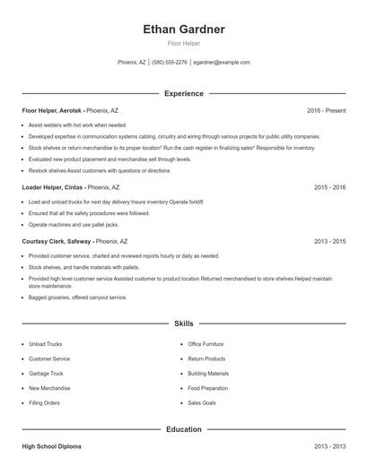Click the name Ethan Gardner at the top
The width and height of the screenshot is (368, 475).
(183, 29)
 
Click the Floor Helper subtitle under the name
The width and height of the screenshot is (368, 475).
(183, 43)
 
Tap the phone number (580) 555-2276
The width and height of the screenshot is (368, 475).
(170, 63)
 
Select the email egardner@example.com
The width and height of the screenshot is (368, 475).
(222, 63)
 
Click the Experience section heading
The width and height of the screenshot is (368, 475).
(183, 93)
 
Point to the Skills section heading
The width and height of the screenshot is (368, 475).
(183, 323)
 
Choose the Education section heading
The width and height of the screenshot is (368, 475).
(183, 429)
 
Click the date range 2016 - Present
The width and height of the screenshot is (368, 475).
(326, 110)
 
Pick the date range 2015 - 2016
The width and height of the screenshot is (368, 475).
(330, 187)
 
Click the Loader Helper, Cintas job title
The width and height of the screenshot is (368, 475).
(54, 187)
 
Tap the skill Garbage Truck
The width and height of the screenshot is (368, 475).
(47, 373)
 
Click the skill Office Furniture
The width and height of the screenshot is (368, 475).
(207, 343)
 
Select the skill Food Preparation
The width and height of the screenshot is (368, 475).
(208, 388)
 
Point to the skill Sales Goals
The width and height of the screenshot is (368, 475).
(201, 403)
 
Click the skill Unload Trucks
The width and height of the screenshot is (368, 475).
(47, 343)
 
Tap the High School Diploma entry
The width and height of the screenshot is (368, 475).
(55, 445)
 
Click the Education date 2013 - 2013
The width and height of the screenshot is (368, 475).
(330, 445)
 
